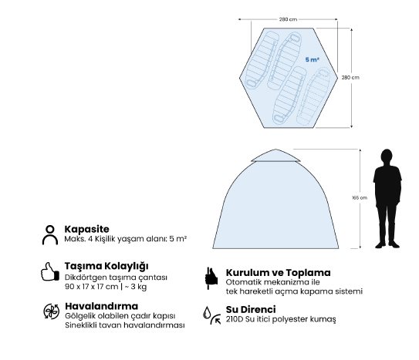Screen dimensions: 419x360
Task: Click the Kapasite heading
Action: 87,229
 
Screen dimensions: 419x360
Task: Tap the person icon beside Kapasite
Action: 50,235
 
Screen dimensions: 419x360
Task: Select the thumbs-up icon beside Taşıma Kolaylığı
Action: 50,271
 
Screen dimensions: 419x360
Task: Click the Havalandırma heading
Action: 102,306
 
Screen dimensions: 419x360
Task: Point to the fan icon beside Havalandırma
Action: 51,311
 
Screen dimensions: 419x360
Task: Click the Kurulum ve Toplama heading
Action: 278,273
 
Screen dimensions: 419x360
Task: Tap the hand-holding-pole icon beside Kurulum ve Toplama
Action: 211,278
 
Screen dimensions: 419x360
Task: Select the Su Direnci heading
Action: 251,310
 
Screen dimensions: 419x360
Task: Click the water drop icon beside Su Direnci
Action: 207,312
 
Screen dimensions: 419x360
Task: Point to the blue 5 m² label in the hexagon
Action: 312,59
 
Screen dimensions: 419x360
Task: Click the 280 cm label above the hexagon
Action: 288,19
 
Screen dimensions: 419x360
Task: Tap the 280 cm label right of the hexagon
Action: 350,77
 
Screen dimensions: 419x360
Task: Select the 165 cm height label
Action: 360,198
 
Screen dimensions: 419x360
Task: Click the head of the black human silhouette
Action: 387,156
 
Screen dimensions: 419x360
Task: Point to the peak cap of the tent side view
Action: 275,155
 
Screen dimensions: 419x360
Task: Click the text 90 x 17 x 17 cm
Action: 91,287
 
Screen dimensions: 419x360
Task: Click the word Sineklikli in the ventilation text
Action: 81,325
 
